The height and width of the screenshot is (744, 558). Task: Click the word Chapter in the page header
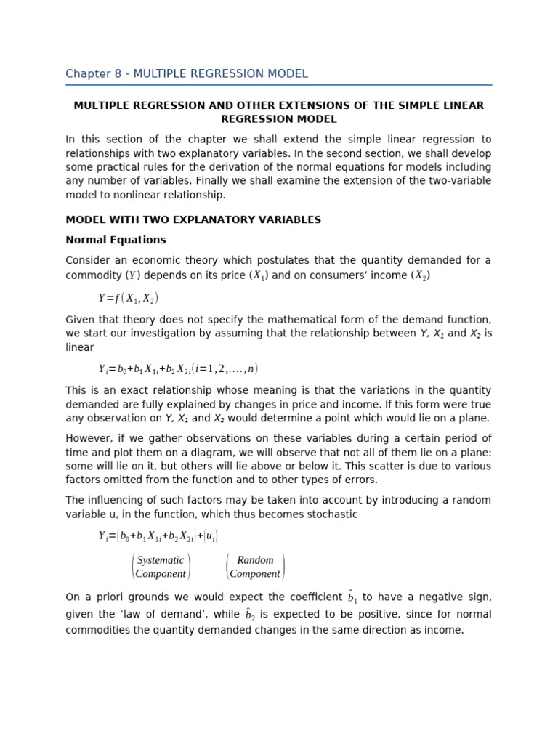[x=87, y=74]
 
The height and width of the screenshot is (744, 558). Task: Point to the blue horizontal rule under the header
[x=278, y=85]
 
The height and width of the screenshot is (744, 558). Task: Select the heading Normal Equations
[x=116, y=240]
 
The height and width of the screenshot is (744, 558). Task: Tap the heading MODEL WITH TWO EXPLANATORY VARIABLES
[x=193, y=219]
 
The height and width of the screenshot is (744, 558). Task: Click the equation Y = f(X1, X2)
[x=128, y=298]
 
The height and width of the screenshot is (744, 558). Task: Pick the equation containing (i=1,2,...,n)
[x=178, y=368]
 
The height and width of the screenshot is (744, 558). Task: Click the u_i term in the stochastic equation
[x=210, y=536]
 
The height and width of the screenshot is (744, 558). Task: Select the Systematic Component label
[x=161, y=567]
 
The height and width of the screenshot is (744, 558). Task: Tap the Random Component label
[x=255, y=567]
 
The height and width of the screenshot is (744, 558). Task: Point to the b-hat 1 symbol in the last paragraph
[x=352, y=597]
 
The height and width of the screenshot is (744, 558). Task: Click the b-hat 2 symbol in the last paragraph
[x=250, y=615]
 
